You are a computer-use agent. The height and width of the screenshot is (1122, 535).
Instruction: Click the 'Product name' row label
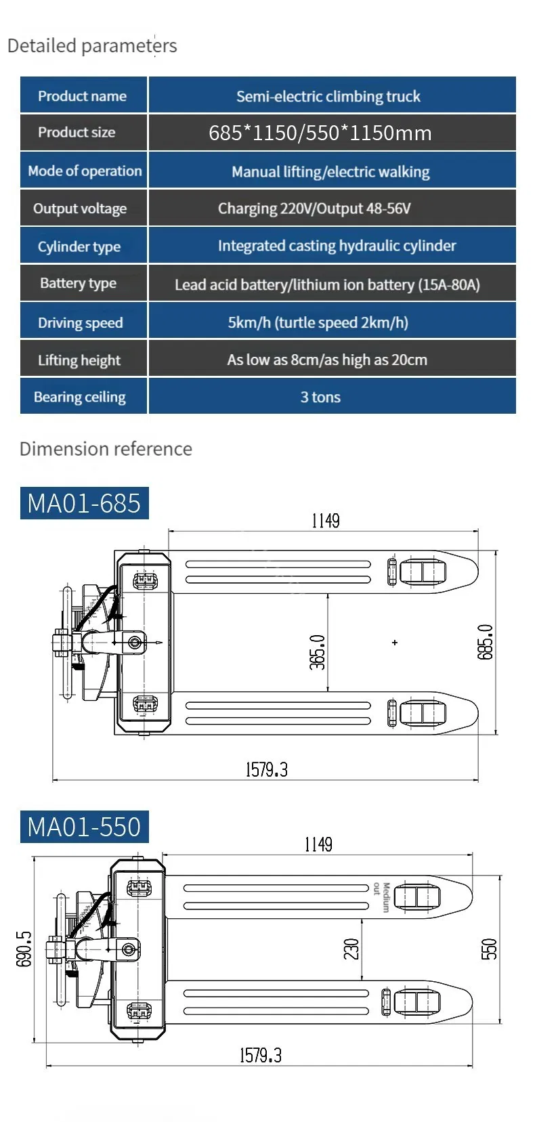click(x=82, y=95)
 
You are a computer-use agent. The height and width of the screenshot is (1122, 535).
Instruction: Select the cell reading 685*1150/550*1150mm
click(x=332, y=133)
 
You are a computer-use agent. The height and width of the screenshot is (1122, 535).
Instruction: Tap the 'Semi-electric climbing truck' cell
click(x=332, y=95)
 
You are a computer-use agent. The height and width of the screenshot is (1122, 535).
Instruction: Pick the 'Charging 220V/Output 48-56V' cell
click(x=332, y=208)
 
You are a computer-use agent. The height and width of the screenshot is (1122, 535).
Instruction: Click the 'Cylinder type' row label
click(x=79, y=246)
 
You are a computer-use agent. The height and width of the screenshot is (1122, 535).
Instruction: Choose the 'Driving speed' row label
click(x=80, y=322)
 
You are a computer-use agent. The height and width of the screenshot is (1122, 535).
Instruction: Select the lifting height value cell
click(x=332, y=359)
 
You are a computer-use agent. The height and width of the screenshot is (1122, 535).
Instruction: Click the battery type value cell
click(x=332, y=284)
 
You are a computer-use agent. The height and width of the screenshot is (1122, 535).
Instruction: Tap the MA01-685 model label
click(x=84, y=503)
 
